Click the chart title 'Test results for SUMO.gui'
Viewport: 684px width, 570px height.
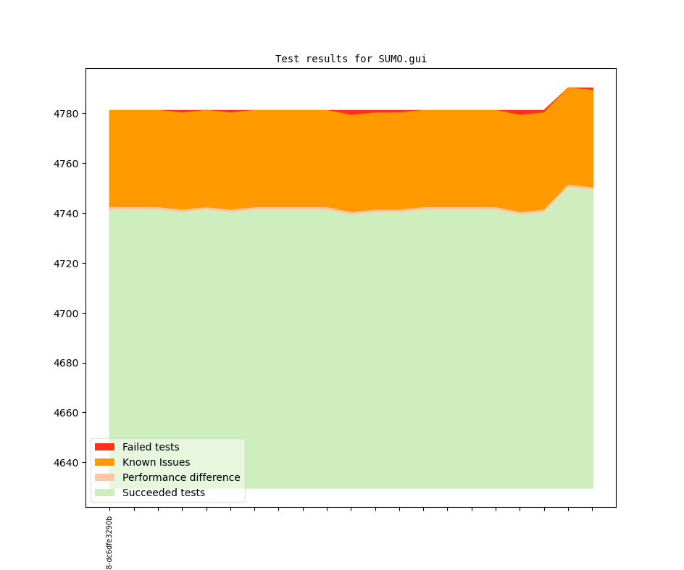(x=351, y=59)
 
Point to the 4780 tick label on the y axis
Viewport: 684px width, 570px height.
(x=66, y=114)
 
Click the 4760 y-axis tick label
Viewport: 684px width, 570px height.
(x=66, y=164)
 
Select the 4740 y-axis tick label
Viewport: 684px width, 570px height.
(x=66, y=214)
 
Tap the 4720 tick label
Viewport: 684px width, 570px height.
(x=66, y=264)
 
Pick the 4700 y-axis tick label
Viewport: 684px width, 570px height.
(x=66, y=314)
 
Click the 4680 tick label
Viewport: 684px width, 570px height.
(x=66, y=364)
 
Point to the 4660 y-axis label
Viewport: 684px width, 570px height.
(x=66, y=413)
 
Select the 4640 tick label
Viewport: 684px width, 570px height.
(x=66, y=463)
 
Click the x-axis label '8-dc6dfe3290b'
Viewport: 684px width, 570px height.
(x=109, y=543)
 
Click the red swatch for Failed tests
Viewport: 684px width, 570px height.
(x=104, y=447)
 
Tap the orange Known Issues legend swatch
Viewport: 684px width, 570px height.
(x=104, y=462)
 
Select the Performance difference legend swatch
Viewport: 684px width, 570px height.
(x=104, y=477)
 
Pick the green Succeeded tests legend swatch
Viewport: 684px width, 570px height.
(x=104, y=493)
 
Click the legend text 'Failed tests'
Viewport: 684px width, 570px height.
(x=151, y=447)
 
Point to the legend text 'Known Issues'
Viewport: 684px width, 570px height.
(x=157, y=462)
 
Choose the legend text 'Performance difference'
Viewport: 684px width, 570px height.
(x=181, y=477)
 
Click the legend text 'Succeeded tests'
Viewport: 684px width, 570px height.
(x=164, y=493)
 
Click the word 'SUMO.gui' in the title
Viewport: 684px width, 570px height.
(x=402, y=59)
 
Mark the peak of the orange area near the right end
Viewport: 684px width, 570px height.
(x=568, y=88)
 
